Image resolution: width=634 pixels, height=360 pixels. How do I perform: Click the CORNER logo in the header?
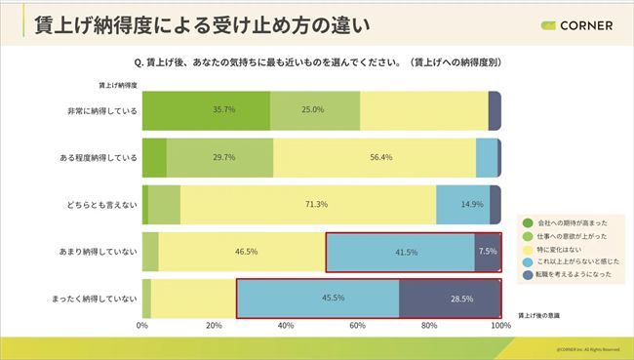coord(574,25)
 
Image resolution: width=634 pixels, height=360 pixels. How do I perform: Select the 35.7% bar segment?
coord(207,110)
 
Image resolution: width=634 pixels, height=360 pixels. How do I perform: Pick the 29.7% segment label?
coord(220,157)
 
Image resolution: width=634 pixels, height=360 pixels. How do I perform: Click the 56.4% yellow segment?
coord(375,157)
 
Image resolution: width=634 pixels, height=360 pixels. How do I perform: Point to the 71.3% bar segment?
coord(307,204)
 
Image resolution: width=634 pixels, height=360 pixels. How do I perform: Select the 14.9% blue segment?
coord(472,204)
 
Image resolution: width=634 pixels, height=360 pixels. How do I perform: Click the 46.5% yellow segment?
coord(241,251)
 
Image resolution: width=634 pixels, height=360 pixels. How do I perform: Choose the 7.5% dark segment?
coord(488,251)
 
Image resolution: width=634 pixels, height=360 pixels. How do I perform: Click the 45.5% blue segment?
coord(319,298)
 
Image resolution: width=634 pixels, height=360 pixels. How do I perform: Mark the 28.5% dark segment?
coord(451,298)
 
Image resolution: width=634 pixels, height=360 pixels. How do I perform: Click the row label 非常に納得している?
coord(100,110)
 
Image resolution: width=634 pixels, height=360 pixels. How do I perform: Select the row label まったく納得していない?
coord(94,298)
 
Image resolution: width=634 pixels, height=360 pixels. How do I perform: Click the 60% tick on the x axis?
coord(357,325)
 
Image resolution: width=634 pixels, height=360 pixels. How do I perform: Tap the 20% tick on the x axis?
coord(215,325)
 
